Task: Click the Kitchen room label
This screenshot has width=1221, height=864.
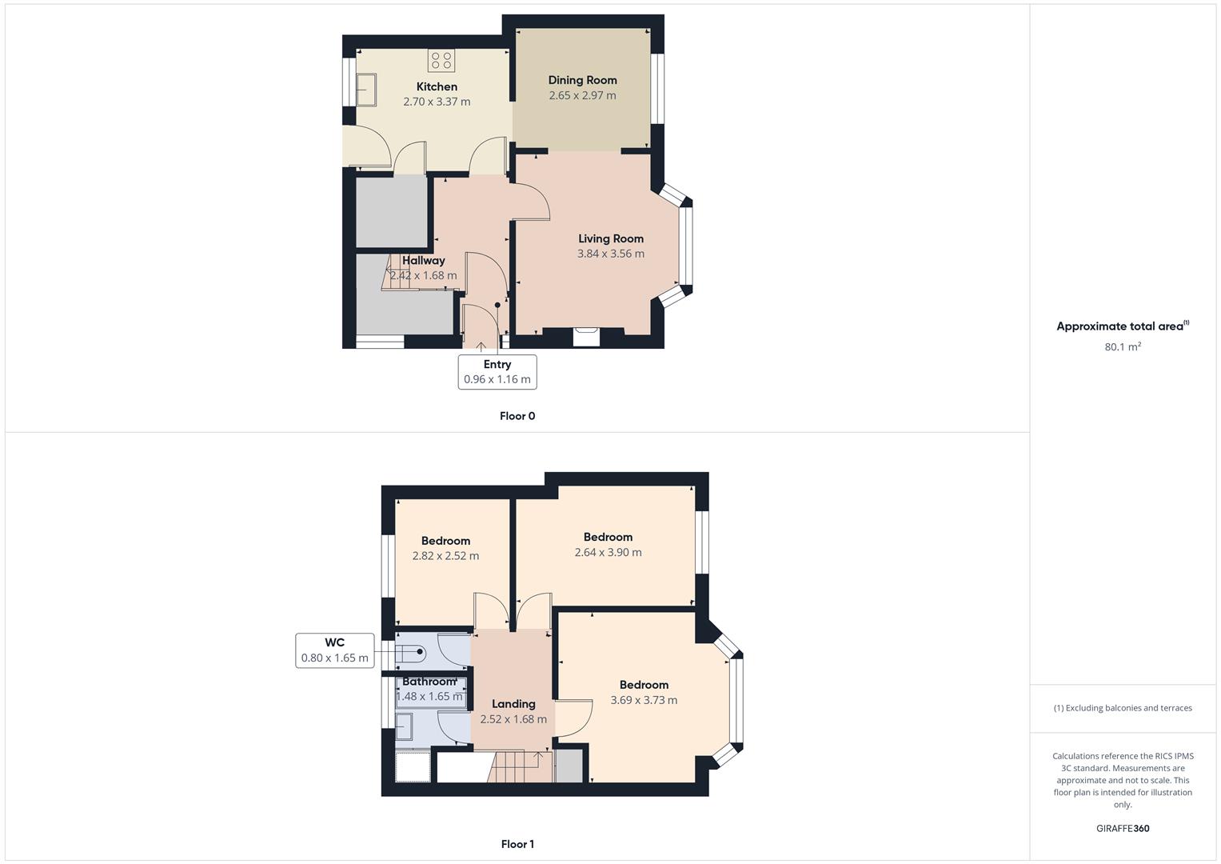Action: click(437, 86)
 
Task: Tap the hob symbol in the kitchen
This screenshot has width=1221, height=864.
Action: click(441, 60)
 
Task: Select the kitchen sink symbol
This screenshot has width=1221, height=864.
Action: click(366, 89)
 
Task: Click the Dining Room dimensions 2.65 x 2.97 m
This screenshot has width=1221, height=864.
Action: click(582, 95)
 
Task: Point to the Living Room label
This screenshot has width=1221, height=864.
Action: click(611, 238)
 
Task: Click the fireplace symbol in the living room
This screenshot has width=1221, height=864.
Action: click(586, 336)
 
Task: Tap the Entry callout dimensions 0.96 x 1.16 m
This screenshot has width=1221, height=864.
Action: click(497, 379)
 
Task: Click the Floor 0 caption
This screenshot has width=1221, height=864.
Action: click(517, 416)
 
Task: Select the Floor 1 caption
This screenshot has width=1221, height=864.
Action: click(517, 844)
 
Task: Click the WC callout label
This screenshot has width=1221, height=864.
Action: click(335, 642)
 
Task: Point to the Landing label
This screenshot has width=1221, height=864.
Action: click(513, 704)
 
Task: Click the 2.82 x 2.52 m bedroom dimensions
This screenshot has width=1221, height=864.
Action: click(445, 556)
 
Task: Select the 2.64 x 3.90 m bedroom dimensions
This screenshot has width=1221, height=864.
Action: click(608, 552)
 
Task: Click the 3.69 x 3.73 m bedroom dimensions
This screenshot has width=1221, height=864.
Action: click(644, 700)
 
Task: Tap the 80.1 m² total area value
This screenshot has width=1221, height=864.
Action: click(1123, 347)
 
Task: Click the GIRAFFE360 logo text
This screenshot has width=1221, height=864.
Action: click(1123, 829)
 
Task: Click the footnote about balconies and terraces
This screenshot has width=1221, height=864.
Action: click(1123, 708)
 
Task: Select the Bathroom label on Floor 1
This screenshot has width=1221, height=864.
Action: click(429, 682)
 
